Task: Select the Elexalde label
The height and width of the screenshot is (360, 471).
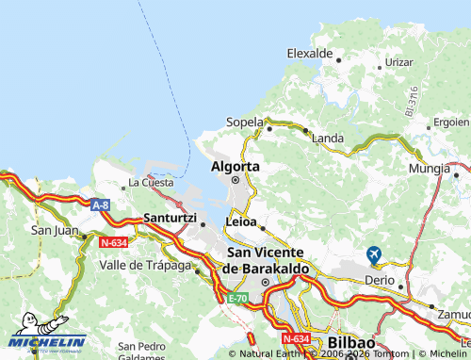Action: point(311,53)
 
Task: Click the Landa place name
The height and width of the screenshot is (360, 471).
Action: point(327,139)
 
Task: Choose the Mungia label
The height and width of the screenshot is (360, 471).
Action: point(429,169)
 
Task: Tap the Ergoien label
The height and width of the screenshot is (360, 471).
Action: point(450,123)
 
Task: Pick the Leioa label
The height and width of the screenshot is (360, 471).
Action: point(241,221)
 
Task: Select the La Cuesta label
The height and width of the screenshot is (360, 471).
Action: point(151,182)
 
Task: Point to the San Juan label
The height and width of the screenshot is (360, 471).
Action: point(54,229)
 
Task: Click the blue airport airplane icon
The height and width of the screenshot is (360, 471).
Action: point(374,254)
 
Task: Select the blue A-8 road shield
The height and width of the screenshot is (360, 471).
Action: point(101,204)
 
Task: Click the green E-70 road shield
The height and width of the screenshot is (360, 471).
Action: point(236,298)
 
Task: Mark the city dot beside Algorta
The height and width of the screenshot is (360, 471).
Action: point(235,180)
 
